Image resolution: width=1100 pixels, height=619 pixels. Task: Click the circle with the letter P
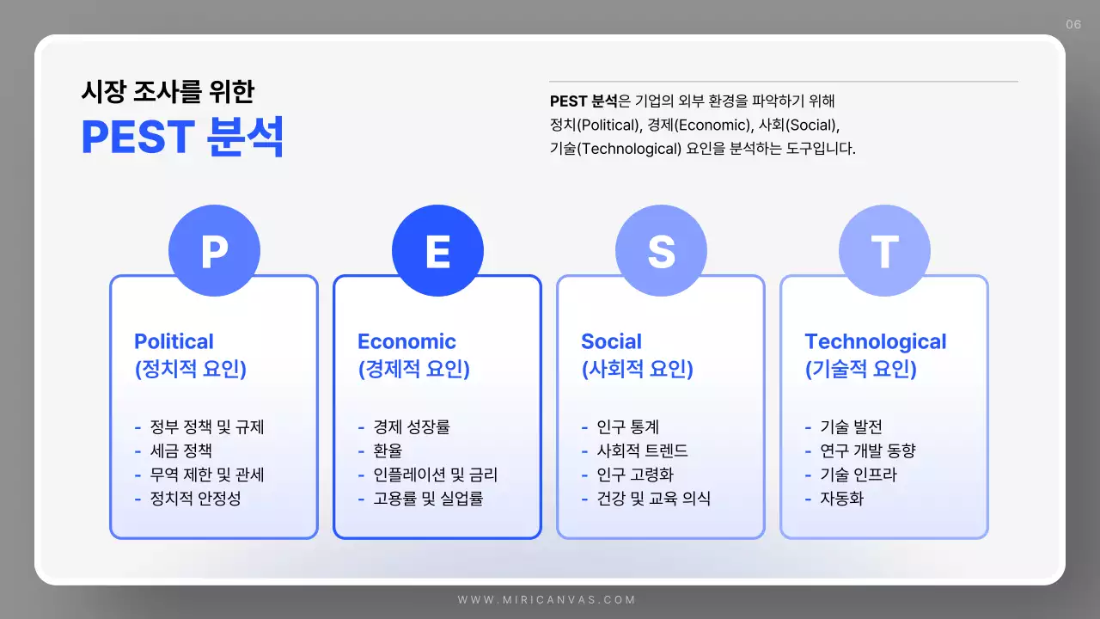(x=214, y=251)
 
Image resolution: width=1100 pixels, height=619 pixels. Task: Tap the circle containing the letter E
(x=437, y=251)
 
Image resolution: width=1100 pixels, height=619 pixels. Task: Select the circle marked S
(x=661, y=251)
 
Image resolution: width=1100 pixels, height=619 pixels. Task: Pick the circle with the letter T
(x=884, y=251)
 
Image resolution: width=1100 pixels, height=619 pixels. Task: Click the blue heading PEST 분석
(x=182, y=138)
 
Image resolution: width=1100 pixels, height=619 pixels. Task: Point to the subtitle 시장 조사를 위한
(x=168, y=91)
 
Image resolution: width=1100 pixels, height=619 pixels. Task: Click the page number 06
(x=1073, y=24)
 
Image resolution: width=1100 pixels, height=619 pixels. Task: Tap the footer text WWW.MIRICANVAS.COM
(x=547, y=600)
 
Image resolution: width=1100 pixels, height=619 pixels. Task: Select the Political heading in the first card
(x=174, y=341)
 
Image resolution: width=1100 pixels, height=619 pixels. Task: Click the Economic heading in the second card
(x=406, y=341)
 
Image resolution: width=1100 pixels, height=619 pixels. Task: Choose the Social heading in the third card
(x=611, y=341)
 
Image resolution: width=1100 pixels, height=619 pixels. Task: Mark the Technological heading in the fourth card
(x=875, y=341)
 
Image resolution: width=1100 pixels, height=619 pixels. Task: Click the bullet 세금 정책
(x=180, y=450)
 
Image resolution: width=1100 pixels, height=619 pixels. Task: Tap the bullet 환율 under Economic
(x=388, y=450)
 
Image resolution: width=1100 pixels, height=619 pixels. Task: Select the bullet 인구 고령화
(x=641, y=475)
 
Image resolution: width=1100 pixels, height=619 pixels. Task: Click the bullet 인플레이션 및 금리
(x=435, y=475)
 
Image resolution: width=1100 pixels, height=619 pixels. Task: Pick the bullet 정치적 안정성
(x=195, y=499)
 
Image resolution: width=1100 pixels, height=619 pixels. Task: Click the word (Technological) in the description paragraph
(x=628, y=148)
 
